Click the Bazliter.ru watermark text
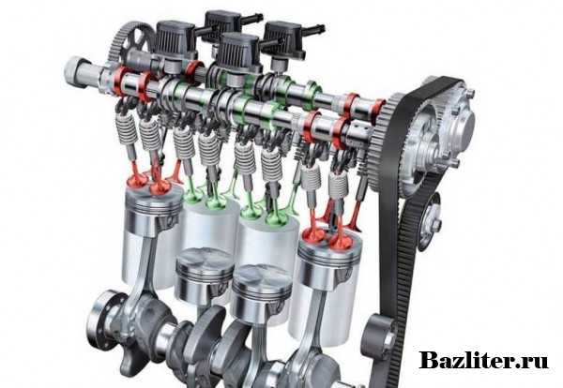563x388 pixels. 483,359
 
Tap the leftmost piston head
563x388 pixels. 153,211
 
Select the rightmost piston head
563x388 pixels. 328,260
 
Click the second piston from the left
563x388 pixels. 204,275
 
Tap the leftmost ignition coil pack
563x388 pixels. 176,40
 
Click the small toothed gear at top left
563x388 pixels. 131,42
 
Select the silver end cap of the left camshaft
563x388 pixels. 76,72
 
